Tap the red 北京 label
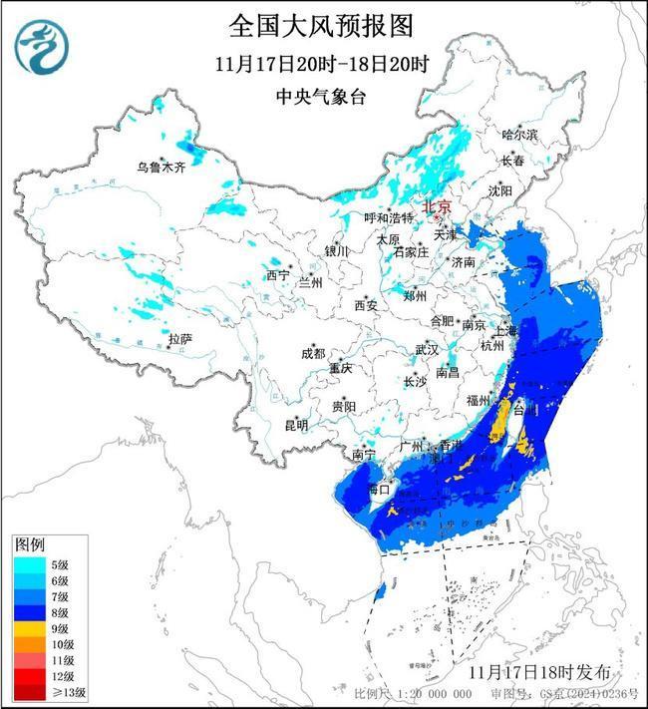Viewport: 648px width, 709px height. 438,206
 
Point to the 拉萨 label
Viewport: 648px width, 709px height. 179,339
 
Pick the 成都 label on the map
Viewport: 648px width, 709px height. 312,353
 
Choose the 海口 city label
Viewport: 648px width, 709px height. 377,490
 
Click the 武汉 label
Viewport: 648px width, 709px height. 426,350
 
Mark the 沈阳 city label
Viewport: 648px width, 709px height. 500,189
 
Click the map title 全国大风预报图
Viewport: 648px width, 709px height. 322,24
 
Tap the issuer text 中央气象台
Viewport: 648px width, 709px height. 322,96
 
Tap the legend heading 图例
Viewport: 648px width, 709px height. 28,544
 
